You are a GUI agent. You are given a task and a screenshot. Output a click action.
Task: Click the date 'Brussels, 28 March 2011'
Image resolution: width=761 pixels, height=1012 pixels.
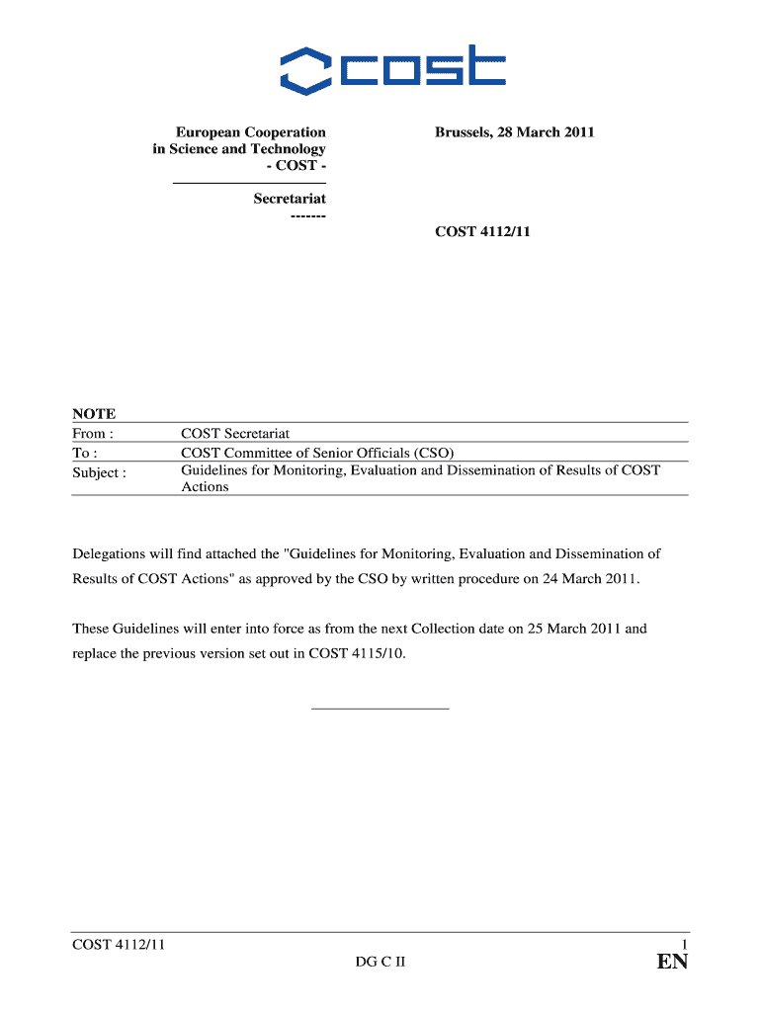tap(514, 131)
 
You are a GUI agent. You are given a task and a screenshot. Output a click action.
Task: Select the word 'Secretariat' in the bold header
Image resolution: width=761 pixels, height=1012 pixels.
tap(289, 199)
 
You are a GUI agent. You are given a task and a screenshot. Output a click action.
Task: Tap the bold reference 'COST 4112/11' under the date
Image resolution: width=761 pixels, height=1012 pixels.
tap(483, 232)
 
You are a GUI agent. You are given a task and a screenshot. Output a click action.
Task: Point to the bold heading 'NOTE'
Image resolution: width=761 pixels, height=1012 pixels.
tap(94, 414)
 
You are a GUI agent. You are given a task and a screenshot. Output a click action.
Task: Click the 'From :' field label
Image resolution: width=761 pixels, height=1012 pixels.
tap(93, 434)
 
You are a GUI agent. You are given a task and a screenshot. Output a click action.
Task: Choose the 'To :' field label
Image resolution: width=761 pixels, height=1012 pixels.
tap(85, 454)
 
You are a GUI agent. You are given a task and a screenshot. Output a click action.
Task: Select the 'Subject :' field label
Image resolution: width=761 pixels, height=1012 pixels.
tap(99, 472)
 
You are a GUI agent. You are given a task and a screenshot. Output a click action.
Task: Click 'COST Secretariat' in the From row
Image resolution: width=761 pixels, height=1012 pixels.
tap(235, 434)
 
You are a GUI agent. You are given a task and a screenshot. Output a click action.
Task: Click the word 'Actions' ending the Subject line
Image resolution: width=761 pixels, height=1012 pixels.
tap(205, 487)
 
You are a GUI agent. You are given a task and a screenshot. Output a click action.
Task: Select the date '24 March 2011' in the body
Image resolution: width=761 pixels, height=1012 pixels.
tap(590, 578)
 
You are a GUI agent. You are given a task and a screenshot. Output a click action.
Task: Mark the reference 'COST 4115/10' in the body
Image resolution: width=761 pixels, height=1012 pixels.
tap(356, 653)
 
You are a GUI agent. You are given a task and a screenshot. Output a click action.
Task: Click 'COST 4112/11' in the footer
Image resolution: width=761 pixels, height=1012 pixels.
tap(118, 946)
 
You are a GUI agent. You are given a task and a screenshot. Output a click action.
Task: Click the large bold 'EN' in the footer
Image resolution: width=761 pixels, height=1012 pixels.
tap(672, 964)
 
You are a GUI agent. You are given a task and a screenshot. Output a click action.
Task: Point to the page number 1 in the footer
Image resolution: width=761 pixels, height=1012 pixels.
tap(684, 946)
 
